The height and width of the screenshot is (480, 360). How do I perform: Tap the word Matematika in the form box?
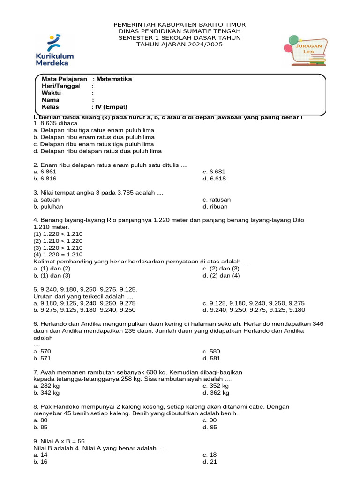coord(114,79)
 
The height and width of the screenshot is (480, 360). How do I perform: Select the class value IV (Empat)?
coord(112,106)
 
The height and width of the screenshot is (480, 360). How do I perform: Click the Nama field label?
coord(51,100)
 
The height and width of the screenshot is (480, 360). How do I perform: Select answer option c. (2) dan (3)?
coord(221,268)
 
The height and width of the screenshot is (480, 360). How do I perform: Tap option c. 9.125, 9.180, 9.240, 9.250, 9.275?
coord(254,303)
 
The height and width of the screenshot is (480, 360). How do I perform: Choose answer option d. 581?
coord(211,358)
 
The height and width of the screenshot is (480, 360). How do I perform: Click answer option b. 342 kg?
coord(46,393)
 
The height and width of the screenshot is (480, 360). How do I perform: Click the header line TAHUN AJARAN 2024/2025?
coord(180,45)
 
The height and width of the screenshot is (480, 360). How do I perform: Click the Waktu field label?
coord(52,93)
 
